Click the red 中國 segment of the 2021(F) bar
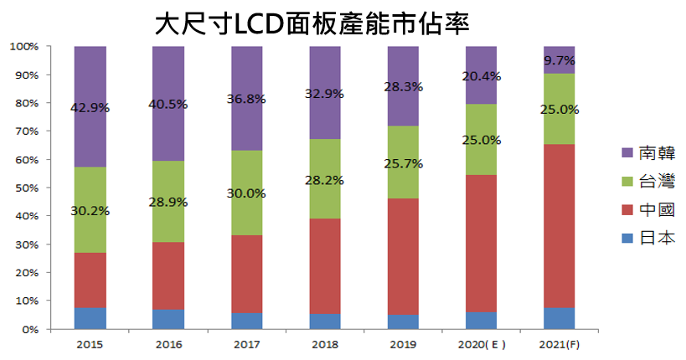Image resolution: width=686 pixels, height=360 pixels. click(x=560, y=226)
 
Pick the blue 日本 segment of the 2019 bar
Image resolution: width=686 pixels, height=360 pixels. click(x=402, y=321)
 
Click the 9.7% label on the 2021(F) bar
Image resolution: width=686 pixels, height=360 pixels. click(x=560, y=60)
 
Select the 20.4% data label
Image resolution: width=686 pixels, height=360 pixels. click(x=481, y=76)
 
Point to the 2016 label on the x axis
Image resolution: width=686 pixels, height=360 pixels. click(x=169, y=343)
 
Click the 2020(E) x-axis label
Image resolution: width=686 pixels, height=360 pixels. click(x=481, y=343)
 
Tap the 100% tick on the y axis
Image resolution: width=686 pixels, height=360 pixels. click(x=25, y=46)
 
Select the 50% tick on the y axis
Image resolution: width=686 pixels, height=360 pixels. click(x=28, y=188)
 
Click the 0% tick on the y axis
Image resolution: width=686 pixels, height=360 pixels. click(x=30, y=329)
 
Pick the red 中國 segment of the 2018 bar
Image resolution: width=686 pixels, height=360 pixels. click(x=326, y=266)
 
